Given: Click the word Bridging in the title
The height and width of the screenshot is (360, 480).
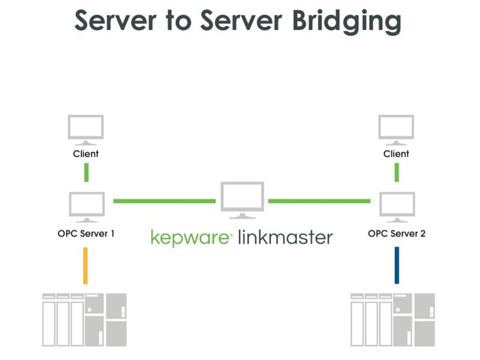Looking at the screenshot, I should (x=347, y=22).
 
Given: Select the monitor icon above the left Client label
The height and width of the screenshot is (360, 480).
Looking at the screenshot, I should (x=86, y=130).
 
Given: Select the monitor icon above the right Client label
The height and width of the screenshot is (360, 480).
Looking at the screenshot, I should (x=396, y=130).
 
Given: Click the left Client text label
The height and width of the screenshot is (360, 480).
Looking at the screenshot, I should (x=86, y=154).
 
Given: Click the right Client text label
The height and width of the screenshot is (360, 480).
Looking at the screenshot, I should (x=396, y=154).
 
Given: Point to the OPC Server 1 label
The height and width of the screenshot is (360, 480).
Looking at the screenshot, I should (x=86, y=233).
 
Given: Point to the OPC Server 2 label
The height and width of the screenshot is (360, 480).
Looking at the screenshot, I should (x=397, y=233).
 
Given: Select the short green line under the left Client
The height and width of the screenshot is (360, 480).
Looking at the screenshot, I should (x=86, y=172).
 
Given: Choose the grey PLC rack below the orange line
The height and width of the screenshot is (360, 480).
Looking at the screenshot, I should (x=85, y=320).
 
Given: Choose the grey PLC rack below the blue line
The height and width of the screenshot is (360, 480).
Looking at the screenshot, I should (x=394, y=320).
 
